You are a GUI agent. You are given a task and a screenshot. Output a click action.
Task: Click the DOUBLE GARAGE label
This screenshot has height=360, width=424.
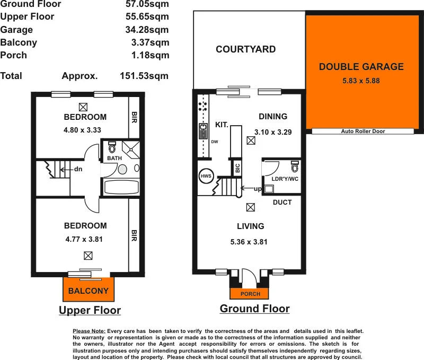click(361, 67)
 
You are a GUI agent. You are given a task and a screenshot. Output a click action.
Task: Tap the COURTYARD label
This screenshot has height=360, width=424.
click(245, 49)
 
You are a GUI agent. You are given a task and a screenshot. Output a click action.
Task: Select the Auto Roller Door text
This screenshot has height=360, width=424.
click(364, 131)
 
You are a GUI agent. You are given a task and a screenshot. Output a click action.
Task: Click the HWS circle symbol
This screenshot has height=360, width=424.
click(205, 176)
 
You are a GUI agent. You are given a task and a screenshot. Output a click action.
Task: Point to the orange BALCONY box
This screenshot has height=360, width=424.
click(89, 291)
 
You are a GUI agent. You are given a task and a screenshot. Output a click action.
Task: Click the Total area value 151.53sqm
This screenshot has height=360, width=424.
click(145, 76)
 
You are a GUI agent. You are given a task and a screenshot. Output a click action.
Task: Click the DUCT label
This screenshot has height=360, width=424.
click(282, 203)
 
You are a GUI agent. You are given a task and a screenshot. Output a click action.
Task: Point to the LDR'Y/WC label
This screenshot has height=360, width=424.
click(285, 179)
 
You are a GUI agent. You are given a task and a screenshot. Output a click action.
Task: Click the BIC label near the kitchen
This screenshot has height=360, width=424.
click(237, 168)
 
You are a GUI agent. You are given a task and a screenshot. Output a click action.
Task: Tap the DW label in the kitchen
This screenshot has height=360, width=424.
click(214, 142)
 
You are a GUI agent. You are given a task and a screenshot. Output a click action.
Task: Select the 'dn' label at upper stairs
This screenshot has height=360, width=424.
click(78, 170)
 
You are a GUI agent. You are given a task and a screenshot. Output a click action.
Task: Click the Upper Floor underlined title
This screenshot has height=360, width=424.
click(90, 310)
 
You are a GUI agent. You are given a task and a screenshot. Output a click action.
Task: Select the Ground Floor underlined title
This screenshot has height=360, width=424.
click(254, 309)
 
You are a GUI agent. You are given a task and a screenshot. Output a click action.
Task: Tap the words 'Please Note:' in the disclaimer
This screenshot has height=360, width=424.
click(89, 331)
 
